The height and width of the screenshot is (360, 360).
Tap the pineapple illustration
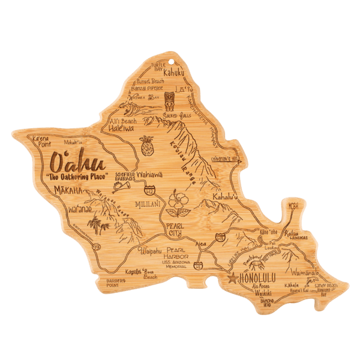point(145,145)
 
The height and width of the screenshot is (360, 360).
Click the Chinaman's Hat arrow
point(225,159)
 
